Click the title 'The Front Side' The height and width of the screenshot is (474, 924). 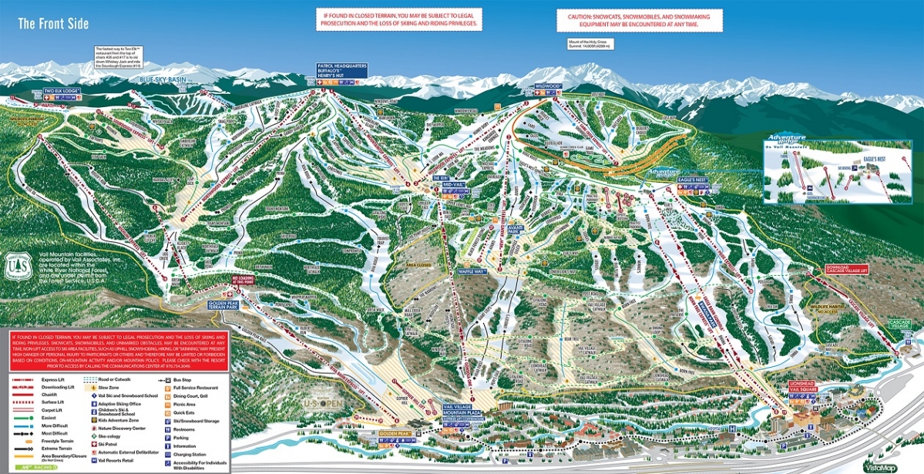click(53, 23)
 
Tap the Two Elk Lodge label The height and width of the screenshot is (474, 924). click(62, 91)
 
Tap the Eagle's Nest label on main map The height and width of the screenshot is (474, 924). click(692, 179)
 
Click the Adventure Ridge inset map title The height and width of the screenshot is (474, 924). click(789, 136)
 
